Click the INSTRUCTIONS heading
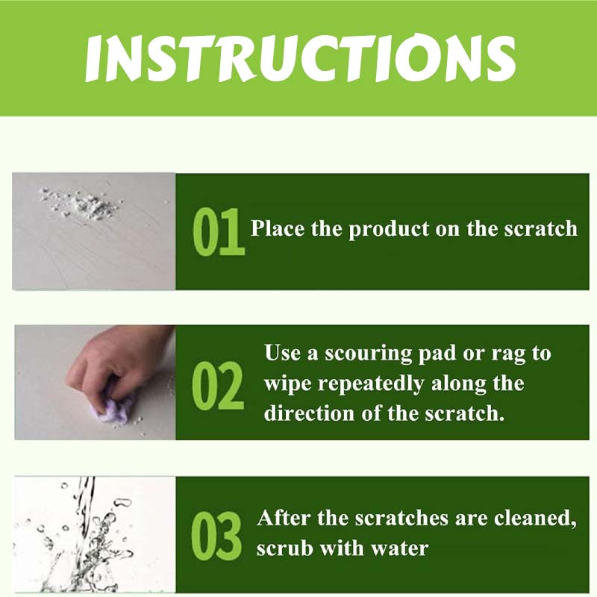(300, 58)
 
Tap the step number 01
(218, 232)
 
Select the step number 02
(217, 385)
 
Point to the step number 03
(216, 536)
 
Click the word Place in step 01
(278, 228)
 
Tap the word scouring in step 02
(368, 354)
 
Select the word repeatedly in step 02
(370, 384)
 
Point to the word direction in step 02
(309, 413)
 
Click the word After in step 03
(283, 518)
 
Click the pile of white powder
(82, 202)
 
